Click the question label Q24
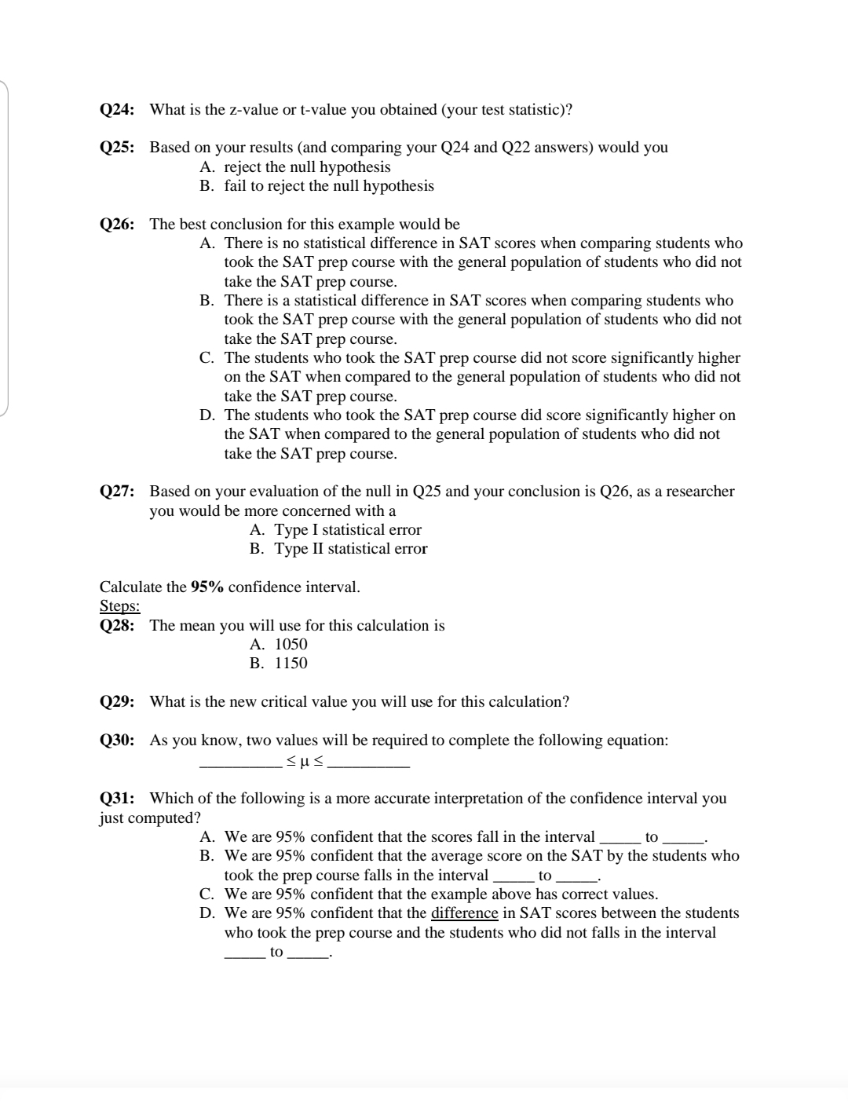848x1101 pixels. (x=116, y=109)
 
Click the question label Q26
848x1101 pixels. (x=116, y=224)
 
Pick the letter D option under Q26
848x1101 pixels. (x=207, y=415)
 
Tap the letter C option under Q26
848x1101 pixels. (x=207, y=357)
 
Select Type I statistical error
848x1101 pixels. (x=347, y=529)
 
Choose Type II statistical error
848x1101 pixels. (x=350, y=548)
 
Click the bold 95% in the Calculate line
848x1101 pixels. (x=207, y=587)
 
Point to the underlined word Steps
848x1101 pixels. (x=119, y=605)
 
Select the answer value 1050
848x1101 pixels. (x=291, y=644)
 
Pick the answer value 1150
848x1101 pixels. (x=291, y=663)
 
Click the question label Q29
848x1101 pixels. (x=116, y=701)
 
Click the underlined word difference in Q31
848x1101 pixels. (x=464, y=913)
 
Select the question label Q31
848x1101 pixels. (x=116, y=798)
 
